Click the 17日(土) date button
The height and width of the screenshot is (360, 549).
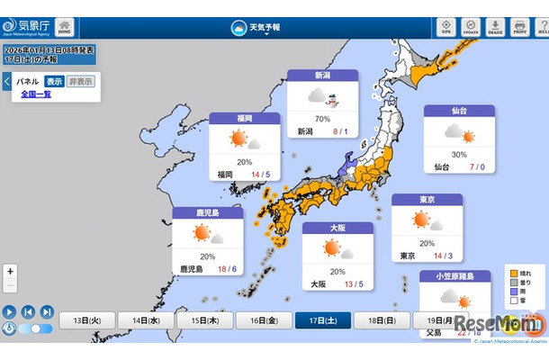[x=323, y=320]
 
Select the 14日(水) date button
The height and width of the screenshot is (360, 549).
[x=146, y=320]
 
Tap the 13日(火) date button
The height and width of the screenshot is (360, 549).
[x=86, y=320]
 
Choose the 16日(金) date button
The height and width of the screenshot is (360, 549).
[x=264, y=320]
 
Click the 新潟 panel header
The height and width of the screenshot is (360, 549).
[x=322, y=76]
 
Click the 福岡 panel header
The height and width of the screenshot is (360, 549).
[x=245, y=119]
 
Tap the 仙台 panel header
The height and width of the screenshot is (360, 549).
[x=459, y=112]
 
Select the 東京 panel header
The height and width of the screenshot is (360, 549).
[x=427, y=200]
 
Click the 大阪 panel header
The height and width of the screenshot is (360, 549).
[x=337, y=229]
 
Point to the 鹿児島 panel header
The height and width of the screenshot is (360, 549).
[x=208, y=214]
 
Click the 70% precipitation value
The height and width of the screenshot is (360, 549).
[x=322, y=118]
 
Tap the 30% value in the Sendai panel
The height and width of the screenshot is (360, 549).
[x=459, y=154]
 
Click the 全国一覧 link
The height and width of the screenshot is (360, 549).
[x=35, y=94]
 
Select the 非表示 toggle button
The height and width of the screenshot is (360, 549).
[x=79, y=81]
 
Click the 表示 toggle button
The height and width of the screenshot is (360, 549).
[x=54, y=81]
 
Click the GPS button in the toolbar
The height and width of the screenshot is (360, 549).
[x=445, y=27]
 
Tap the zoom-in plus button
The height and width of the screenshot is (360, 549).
[x=10, y=271]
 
